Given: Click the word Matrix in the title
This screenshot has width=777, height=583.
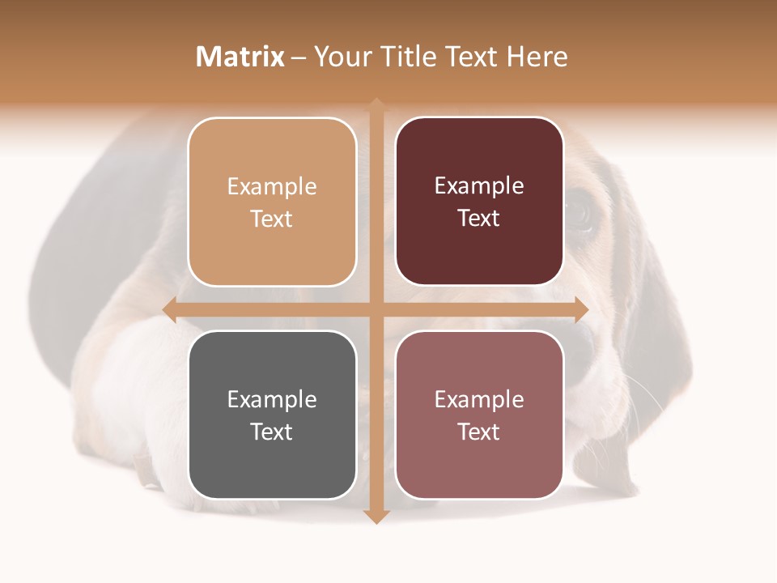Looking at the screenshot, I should pyautogui.click(x=240, y=57).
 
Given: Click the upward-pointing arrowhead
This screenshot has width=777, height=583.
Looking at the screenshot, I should pyautogui.click(x=376, y=105).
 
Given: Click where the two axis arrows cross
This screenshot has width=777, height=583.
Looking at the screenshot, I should pyautogui.click(x=376, y=309).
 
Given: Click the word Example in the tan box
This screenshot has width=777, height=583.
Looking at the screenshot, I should pyautogui.click(x=272, y=187).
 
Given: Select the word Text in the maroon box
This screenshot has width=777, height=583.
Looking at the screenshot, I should pyautogui.click(x=479, y=219).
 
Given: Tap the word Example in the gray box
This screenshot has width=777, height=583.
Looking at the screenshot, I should pyautogui.click(x=272, y=400).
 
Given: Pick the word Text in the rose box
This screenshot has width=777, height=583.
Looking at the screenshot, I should pyautogui.click(x=479, y=432).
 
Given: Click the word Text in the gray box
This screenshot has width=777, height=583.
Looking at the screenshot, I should pyautogui.click(x=272, y=432).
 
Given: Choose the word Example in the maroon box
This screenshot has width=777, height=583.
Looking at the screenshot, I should pyautogui.click(x=479, y=186).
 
